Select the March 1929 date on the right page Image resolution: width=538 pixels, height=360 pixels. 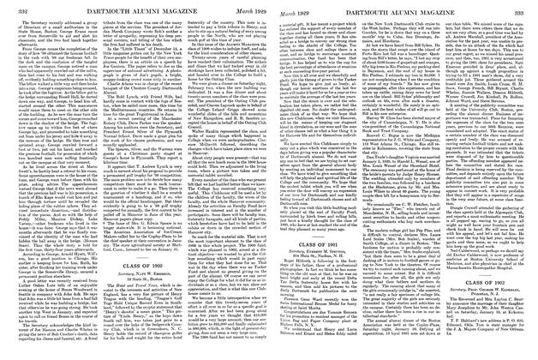292,9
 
